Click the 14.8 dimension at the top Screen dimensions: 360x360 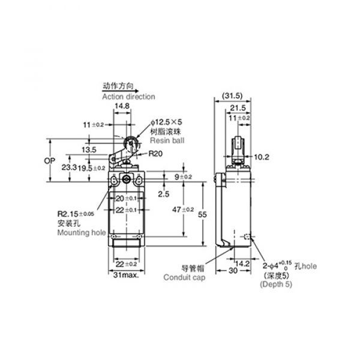click(122, 106)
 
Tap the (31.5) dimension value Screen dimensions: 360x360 click(232, 96)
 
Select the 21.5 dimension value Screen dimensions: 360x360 click(238, 107)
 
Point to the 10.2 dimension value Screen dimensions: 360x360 click(262, 157)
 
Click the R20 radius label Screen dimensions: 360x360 click(155, 154)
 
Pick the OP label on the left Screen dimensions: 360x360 click(50, 161)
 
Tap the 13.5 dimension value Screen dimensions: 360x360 click(89, 149)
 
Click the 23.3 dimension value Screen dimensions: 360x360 click(69, 167)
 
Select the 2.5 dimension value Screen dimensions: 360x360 click(164, 194)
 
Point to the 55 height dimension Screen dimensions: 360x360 click(202, 214)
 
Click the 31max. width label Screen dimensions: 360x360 click(126, 275)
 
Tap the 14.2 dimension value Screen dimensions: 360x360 click(242, 264)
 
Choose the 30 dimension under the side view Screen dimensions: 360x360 click(233, 271)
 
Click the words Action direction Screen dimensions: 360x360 click(128, 97)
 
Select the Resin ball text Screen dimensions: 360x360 click(167, 140)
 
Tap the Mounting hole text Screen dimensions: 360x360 click(82, 233)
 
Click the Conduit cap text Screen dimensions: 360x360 click(184, 278)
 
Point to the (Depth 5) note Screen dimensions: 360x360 click(276, 284)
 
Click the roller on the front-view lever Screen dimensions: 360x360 click(131, 143)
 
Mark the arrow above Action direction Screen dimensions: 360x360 click(121, 91)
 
